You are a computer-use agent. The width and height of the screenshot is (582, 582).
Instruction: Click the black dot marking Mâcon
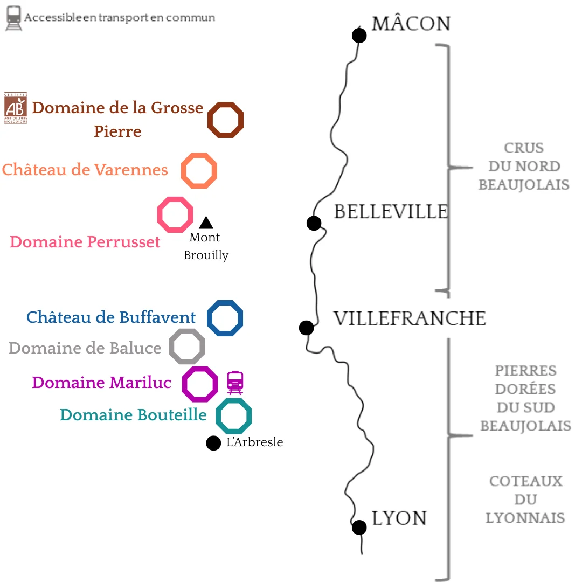point(359,36)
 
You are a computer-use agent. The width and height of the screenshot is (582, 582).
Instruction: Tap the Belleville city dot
point(314,223)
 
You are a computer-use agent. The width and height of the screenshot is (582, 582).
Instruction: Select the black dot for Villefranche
point(306,327)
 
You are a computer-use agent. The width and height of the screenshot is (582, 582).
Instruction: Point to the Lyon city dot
point(359,527)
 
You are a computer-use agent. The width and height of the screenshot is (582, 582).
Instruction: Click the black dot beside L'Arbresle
point(213,443)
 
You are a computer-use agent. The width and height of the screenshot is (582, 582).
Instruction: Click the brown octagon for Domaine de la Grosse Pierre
point(226,120)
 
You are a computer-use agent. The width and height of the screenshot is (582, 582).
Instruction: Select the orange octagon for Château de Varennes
point(199,171)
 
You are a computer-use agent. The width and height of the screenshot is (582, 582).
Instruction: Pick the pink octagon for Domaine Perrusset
point(175,214)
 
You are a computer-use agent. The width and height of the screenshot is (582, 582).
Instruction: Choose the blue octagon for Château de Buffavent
point(225,318)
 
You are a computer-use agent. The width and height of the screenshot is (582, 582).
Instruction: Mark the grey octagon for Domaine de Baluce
point(187,347)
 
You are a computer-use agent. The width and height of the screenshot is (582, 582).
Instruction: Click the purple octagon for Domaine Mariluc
point(200,384)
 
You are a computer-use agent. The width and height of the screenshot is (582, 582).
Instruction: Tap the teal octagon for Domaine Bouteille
point(234,415)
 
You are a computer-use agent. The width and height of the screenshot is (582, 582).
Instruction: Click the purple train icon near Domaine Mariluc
point(235,383)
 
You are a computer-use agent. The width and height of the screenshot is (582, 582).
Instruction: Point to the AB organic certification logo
point(15,108)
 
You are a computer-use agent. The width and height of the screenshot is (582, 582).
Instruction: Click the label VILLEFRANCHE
point(410,318)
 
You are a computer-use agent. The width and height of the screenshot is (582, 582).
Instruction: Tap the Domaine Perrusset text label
point(85,242)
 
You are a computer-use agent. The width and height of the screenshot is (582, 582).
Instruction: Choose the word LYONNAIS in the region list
point(525,518)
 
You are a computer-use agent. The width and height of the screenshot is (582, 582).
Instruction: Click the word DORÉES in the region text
point(525,389)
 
